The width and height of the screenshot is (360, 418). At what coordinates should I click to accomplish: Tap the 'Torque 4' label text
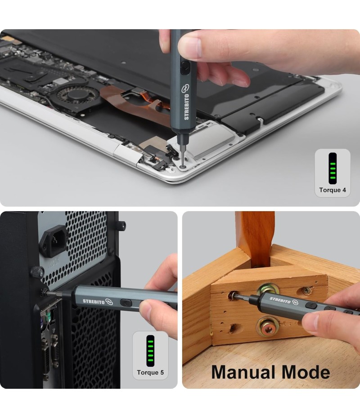(x=333, y=190)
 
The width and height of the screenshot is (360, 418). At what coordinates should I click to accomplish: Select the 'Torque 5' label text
(x=150, y=373)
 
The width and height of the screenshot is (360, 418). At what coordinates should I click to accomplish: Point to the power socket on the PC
(x=54, y=241)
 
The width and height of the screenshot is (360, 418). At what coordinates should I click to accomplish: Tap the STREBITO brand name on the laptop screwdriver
(x=187, y=107)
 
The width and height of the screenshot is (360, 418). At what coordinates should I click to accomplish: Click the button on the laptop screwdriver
(x=184, y=67)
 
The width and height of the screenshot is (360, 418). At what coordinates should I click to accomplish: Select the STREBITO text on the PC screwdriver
(x=94, y=302)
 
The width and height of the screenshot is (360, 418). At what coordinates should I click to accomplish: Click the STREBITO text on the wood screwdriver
(x=280, y=300)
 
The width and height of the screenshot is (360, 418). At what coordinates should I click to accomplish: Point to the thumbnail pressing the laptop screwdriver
(x=190, y=47)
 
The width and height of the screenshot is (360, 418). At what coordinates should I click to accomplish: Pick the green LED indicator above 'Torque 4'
(x=333, y=169)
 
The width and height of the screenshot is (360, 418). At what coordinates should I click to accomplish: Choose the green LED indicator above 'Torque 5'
(x=150, y=351)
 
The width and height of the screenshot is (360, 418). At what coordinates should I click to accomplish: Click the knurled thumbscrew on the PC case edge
(x=37, y=272)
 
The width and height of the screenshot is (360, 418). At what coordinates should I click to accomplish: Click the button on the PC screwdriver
(x=126, y=303)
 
